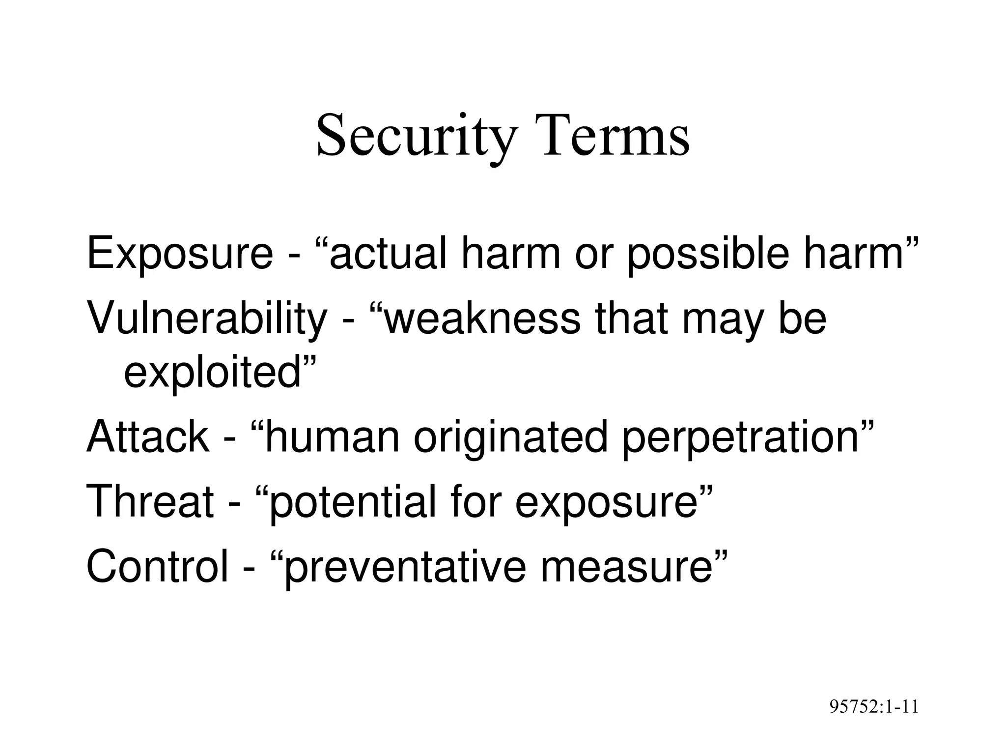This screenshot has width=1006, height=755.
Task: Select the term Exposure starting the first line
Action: pyautogui.click(x=179, y=254)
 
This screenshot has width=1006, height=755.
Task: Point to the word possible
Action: pyautogui.click(x=708, y=254)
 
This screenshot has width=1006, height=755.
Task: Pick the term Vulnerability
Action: pyautogui.click(x=207, y=319)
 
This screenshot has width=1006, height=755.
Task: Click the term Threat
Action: pyautogui.click(x=150, y=501)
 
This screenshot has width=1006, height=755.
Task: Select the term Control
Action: pyautogui.click(x=157, y=566)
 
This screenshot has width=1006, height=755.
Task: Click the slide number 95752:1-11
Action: pyautogui.click(x=874, y=706)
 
